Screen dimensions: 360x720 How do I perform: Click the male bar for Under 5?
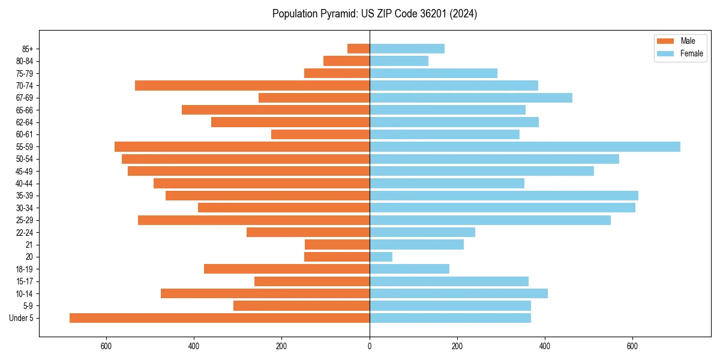[x=220, y=318]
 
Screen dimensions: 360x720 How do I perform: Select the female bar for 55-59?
[x=525, y=146]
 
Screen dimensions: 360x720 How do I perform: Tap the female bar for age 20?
[x=381, y=257]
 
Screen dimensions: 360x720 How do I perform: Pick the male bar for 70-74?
[x=252, y=85]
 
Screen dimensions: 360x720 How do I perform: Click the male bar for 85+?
[x=358, y=49]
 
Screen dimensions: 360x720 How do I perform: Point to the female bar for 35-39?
[x=504, y=196]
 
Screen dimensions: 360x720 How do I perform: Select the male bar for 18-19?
[x=287, y=269]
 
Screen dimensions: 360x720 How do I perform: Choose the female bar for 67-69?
[x=471, y=98]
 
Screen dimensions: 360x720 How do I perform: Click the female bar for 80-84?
[x=399, y=61]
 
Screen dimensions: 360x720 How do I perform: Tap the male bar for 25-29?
[x=254, y=220]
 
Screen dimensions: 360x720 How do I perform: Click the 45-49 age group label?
[x=24, y=171]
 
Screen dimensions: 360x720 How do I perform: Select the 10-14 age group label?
[x=24, y=293]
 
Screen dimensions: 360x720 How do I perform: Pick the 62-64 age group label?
[x=24, y=122]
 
